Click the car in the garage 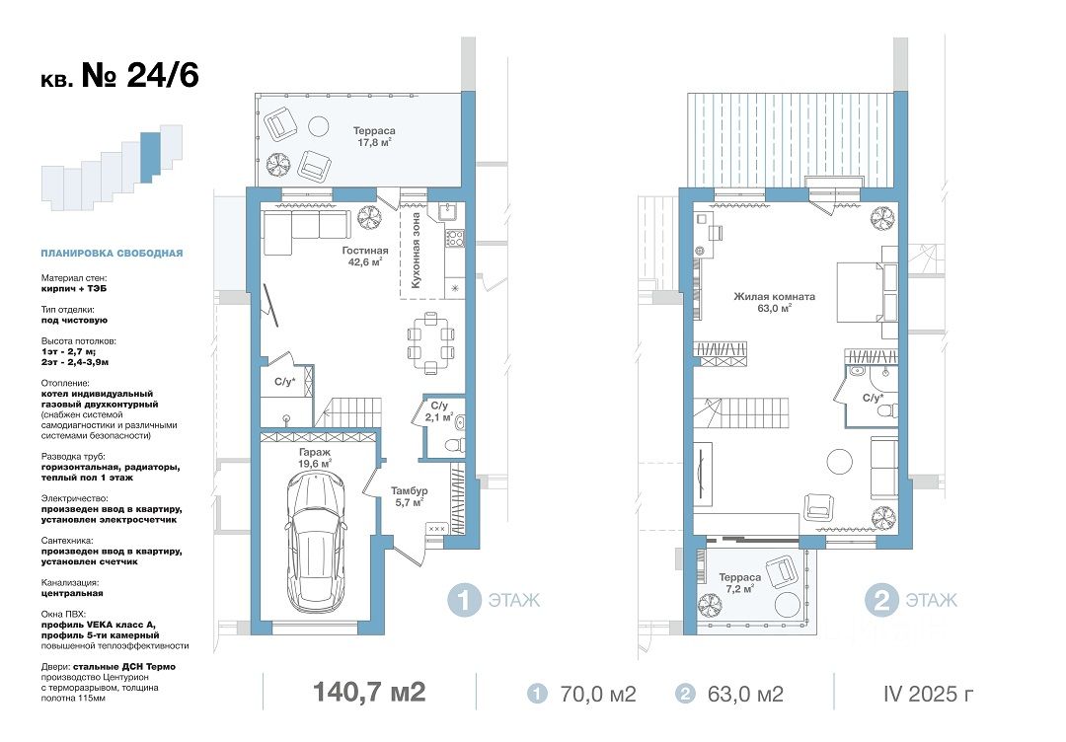(316, 541)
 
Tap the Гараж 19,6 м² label (315, 457)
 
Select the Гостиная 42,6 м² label (364, 257)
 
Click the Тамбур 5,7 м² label (410, 496)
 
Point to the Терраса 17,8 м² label (374, 136)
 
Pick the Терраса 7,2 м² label (739, 583)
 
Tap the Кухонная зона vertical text (416, 250)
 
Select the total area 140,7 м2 (369, 692)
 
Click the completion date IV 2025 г (928, 694)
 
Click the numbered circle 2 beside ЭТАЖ (881, 601)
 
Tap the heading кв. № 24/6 (119, 75)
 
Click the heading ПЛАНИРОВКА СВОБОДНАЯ (112, 254)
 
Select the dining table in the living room (431, 343)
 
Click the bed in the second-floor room (867, 291)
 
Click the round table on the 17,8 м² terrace (318, 125)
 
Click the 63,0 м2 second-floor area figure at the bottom (745, 694)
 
